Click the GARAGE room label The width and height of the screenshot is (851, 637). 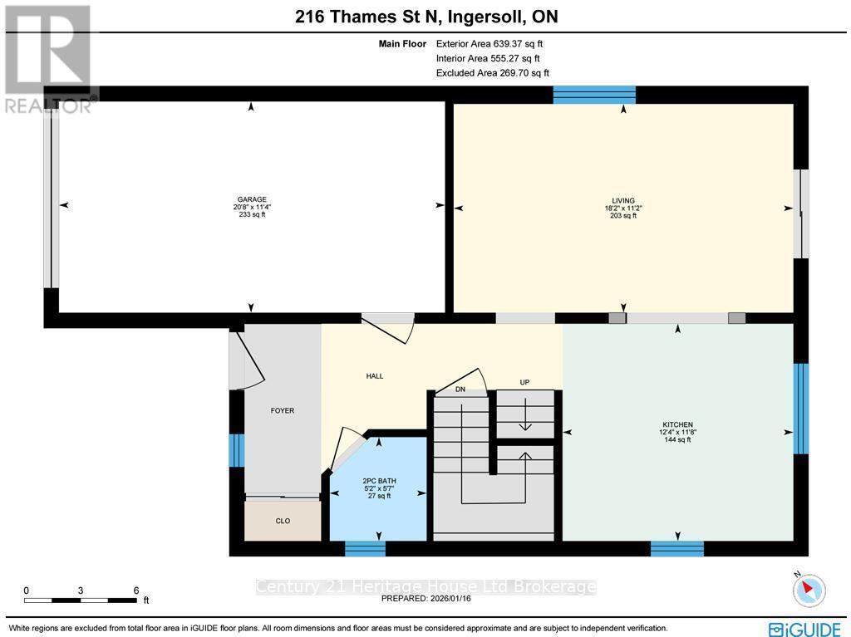(252, 199)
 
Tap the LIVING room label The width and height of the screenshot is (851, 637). (623, 200)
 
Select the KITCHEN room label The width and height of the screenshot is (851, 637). (678, 424)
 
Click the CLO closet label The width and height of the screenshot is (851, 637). (283, 522)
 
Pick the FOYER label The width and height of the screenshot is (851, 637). (283, 410)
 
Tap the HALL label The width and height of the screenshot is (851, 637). (375, 376)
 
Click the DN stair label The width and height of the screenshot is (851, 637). (460, 389)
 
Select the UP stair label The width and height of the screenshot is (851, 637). (524, 382)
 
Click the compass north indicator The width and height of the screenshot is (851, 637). (809, 589)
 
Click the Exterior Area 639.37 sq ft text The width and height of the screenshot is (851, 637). (489, 44)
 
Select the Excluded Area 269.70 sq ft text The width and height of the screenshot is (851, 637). (492, 73)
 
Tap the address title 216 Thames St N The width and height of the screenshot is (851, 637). (425, 15)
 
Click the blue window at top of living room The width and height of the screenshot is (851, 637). (594, 95)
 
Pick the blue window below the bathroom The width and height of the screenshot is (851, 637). (366, 548)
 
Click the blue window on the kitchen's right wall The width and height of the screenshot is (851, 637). (801, 409)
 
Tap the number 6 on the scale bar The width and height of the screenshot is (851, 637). (135, 590)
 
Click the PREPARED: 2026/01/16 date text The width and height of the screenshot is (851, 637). (425, 598)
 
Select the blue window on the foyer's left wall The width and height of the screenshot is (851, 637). (237, 450)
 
